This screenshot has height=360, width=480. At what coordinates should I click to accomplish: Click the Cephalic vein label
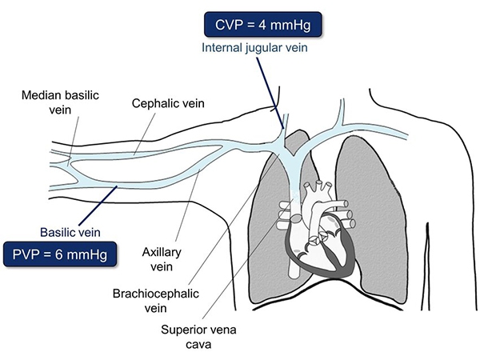[167, 104]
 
